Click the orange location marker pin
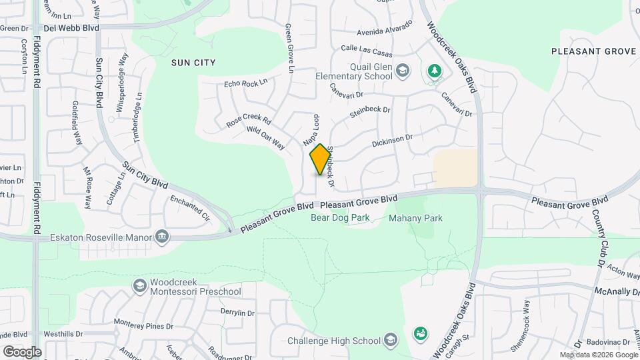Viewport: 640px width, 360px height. (x=321, y=159)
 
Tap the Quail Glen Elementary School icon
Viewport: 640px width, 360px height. (x=402, y=71)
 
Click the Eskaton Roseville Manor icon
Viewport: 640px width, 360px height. (x=161, y=237)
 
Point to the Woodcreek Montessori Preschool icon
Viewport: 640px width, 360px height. (x=139, y=286)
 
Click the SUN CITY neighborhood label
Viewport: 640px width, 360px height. (x=193, y=62)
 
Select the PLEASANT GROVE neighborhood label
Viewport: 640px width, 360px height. (x=595, y=51)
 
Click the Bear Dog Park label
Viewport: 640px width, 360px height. (x=341, y=217)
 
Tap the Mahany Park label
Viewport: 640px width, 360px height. (x=415, y=218)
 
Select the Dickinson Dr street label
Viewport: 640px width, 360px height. (x=393, y=141)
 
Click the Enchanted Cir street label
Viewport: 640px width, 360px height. (x=190, y=207)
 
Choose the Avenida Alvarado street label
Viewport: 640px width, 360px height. (x=385, y=30)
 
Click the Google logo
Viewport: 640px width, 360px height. (x=22, y=351)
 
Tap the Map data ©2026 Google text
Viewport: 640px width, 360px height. (x=598, y=355)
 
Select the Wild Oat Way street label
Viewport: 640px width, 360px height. (x=265, y=138)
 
